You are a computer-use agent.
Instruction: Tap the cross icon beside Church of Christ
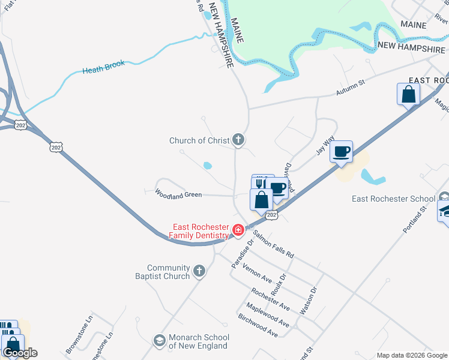238,141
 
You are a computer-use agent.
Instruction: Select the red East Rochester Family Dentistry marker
238,229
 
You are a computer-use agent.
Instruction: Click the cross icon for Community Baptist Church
200,272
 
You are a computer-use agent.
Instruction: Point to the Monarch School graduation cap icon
159,341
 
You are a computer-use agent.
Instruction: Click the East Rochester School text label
393,199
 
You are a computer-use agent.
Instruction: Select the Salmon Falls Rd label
273,244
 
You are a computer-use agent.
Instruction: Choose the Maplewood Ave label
271,315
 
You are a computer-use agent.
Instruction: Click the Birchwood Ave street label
258,325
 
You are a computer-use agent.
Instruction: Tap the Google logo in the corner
20,353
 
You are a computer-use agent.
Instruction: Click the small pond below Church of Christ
208,165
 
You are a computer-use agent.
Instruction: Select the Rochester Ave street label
271,299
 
